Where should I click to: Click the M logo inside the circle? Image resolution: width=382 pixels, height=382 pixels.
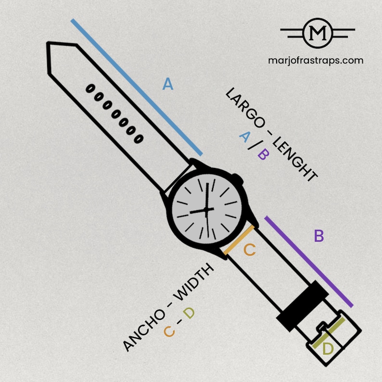point(318,33)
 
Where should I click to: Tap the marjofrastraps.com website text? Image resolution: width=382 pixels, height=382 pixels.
point(316,61)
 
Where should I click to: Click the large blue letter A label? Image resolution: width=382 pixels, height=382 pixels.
point(168,84)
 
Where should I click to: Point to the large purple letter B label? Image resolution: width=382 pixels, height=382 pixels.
point(319,236)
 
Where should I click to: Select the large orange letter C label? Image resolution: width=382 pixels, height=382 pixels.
point(250,250)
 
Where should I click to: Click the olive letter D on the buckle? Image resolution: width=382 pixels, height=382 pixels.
point(328,348)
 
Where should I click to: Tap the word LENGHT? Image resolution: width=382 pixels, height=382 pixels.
point(295,159)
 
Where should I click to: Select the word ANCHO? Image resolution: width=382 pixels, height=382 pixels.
point(144,331)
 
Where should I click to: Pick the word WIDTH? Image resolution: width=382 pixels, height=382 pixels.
point(194,282)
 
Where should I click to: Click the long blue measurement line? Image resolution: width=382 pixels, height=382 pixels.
point(137,87)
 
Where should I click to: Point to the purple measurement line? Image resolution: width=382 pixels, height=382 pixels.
point(309,262)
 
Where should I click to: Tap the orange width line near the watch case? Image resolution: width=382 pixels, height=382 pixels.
point(239,240)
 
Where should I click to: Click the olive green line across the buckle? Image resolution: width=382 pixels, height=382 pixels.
point(329,333)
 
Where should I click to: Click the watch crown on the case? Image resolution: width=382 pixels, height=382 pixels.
point(238,179)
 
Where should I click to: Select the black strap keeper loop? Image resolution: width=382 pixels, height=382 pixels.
point(302,306)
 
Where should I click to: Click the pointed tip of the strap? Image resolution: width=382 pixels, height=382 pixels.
point(49,44)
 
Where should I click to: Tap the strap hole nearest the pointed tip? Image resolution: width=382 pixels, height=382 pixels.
point(90,89)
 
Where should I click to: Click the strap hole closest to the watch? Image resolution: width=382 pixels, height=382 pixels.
point(139,139)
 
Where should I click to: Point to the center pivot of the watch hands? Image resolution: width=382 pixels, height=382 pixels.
point(206,210)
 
